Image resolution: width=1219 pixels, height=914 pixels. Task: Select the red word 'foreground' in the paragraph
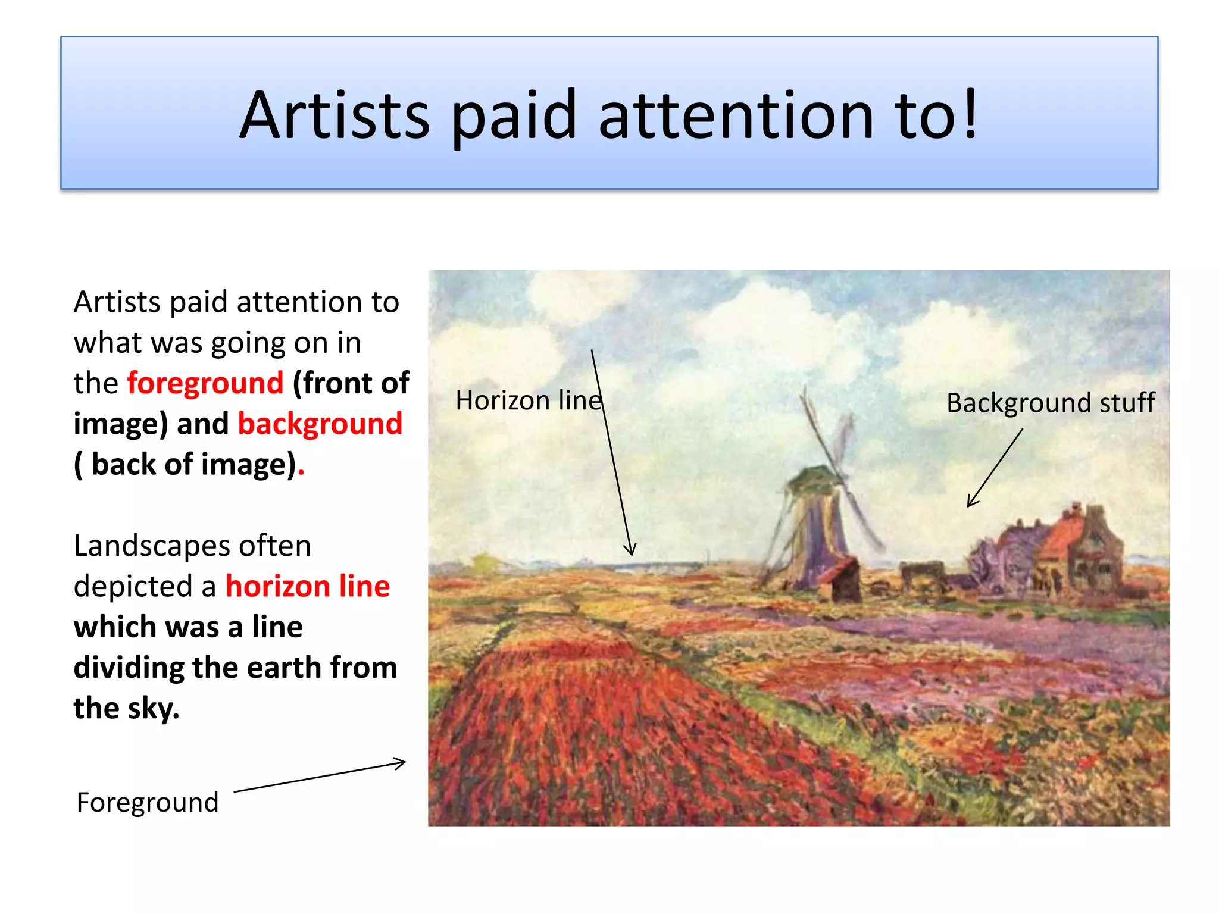[x=205, y=383]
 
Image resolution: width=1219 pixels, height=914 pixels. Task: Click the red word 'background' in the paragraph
[x=320, y=424]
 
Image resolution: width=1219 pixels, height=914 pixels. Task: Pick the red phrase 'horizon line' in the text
[x=307, y=586]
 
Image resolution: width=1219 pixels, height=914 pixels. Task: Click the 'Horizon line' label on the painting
[x=529, y=400]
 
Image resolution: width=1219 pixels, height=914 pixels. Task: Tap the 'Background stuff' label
[x=1050, y=403]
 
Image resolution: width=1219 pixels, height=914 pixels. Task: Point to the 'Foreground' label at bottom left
[x=148, y=802]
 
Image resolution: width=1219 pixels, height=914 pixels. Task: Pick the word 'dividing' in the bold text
[x=129, y=668]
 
